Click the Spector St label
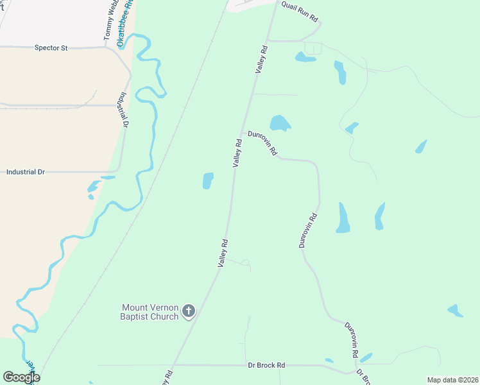coord(51,47)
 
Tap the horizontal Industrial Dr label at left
coord(26,172)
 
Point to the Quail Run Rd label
coord(300,11)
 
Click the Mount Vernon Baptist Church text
coord(150,312)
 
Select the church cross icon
coord(189,312)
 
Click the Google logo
coord(21,377)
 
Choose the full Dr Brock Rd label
coord(266,365)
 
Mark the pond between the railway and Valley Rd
coord(208,181)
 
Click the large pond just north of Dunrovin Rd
coord(279,123)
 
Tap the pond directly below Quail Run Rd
coord(305,58)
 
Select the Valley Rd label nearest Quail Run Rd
coord(261,58)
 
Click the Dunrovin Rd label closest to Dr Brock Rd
coord(350,339)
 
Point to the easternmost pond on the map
coord(455,311)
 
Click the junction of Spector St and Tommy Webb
coord(107,47)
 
